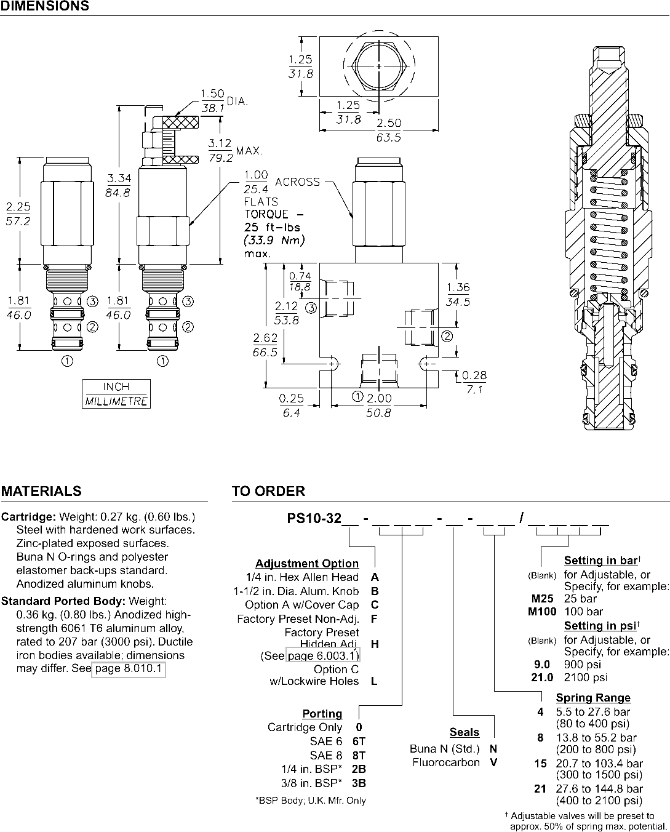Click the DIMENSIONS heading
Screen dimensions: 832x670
[x=45, y=6]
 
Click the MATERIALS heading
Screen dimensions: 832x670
[x=41, y=491]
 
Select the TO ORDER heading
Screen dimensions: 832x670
[x=268, y=491]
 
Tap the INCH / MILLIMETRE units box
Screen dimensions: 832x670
[x=116, y=394]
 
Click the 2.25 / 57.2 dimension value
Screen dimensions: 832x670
[x=18, y=214]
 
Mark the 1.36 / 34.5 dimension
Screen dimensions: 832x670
[x=458, y=294]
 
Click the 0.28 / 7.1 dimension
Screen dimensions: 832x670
[x=474, y=382]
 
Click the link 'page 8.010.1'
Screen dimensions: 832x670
[x=129, y=669]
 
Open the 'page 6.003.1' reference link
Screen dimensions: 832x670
[x=323, y=656]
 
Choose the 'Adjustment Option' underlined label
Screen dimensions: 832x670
[x=307, y=564]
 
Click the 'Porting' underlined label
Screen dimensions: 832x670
[x=322, y=714]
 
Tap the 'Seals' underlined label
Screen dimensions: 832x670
[x=465, y=732]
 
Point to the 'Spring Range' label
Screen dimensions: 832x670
[x=593, y=698]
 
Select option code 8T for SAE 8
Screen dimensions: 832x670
[x=359, y=755]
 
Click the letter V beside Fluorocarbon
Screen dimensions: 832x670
[x=493, y=762]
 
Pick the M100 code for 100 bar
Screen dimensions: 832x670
[x=542, y=612]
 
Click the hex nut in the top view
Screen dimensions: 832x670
[x=379, y=66]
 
